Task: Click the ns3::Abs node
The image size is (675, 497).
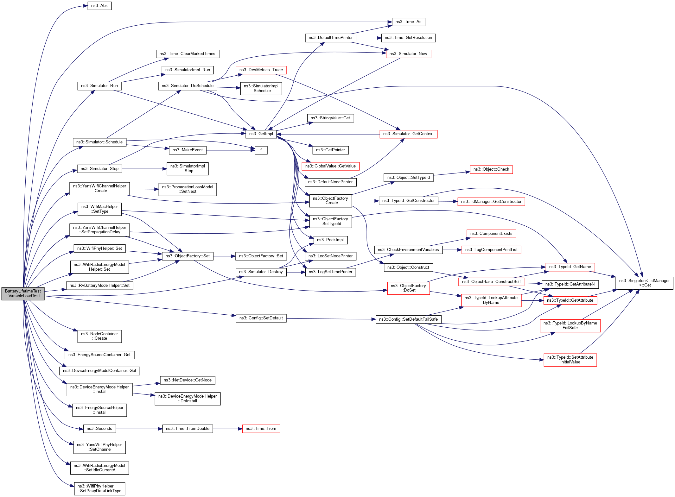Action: (x=99, y=6)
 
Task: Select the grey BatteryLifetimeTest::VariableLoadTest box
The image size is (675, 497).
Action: (x=23, y=293)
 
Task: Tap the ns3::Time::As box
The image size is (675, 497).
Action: (x=408, y=22)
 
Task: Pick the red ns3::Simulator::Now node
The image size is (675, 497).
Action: (x=408, y=54)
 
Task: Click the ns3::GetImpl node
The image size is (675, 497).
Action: (x=261, y=134)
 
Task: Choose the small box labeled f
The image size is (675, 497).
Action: (x=261, y=150)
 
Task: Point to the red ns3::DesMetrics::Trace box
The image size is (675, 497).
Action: (x=261, y=70)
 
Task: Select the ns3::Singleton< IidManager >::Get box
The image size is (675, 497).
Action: (x=644, y=283)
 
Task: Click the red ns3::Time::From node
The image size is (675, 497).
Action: (x=261, y=429)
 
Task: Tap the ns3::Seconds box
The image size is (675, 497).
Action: (x=99, y=429)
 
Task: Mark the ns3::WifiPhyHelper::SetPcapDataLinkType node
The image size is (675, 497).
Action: (x=99, y=488)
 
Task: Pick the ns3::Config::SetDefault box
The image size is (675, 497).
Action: (x=261, y=318)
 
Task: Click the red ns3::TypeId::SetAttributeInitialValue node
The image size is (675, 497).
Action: (x=570, y=360)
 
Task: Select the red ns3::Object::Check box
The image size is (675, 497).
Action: (x=491, y=169)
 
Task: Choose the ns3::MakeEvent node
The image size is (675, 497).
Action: (x=188, y=150)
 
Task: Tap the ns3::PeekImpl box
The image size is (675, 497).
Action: (x=330, y=240)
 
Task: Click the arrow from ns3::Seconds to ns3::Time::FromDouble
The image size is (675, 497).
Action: (x=139, y=429)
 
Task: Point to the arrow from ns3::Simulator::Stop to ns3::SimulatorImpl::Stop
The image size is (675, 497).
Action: (x=144, y=169)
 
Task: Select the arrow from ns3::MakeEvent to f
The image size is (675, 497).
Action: (x=231, y=150)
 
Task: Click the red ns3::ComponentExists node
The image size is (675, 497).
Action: (x=491, y=234)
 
